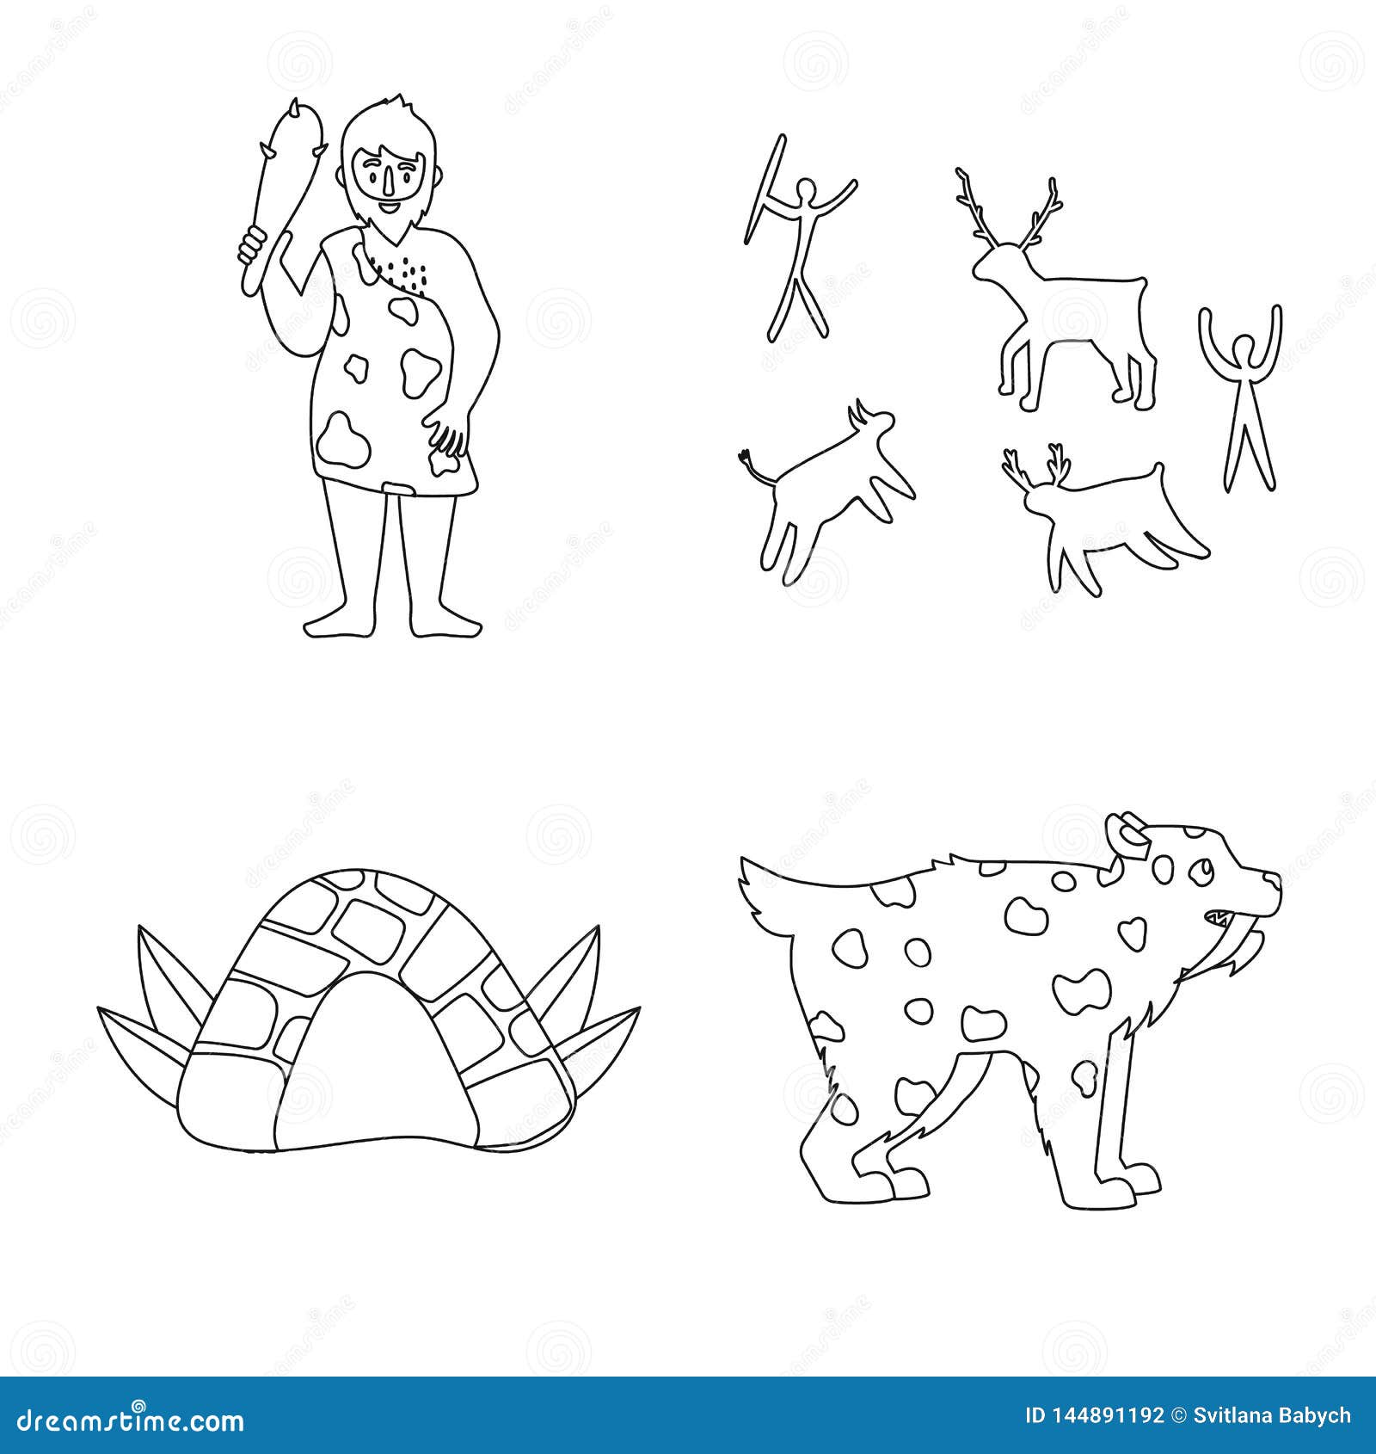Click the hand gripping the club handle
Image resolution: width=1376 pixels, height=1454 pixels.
(x=252, y=245)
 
